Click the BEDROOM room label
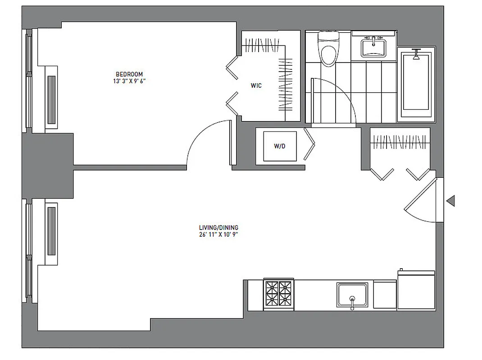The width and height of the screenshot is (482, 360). pyautogui.click(x=129, y=74)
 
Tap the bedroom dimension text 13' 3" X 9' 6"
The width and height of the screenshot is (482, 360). pyautogui.click(x=129, y=81)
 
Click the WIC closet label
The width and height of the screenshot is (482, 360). pyautogui.click(x=256, y=85)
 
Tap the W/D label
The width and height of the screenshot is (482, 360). pyautogui.click(x=280, y=146)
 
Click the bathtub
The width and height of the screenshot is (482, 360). pyautogui.click(x=416, y=83)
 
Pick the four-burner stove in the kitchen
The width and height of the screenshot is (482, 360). pyautogui.click(x=278, y=293)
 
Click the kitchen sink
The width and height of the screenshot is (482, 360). pyautogui.click(x=352, y=295)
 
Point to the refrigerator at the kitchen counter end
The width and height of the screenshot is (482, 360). pyautogui.click(x=416, y=290)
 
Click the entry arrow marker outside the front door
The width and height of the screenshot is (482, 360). pyautogui.click(x=450, y=201)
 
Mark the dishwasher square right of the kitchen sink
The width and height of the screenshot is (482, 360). pyautogui.click(x=384, y=295)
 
